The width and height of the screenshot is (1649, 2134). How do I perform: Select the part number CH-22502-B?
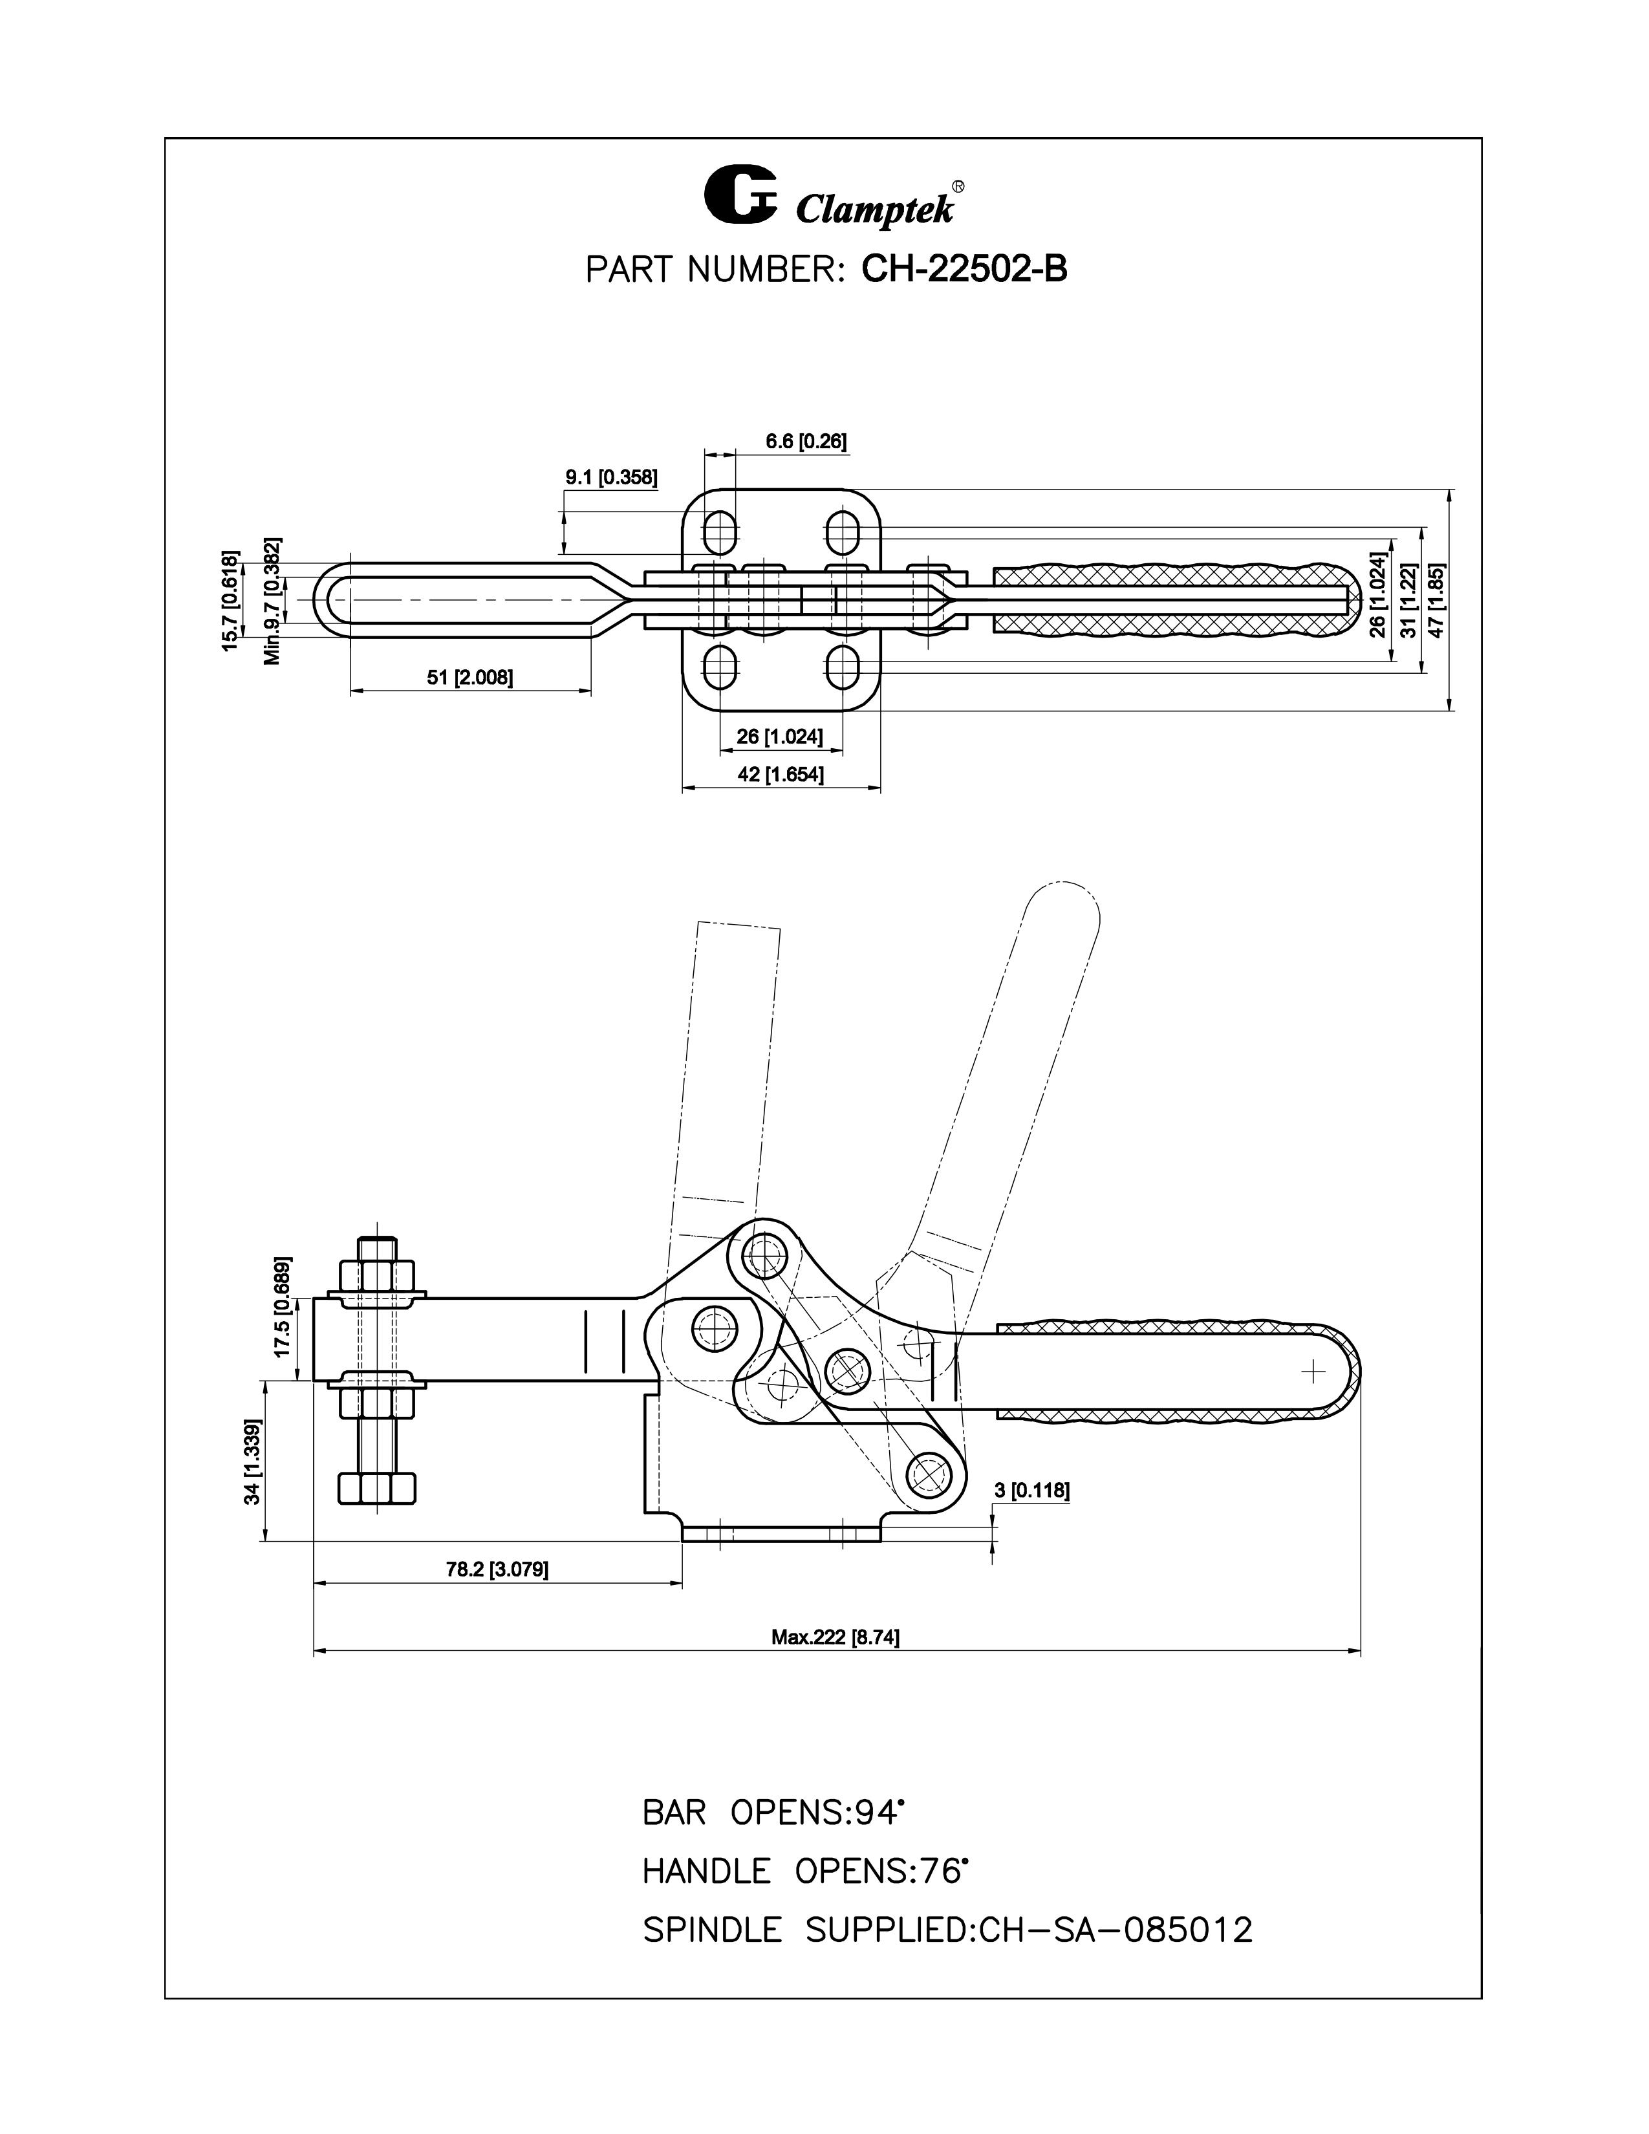point(964,270)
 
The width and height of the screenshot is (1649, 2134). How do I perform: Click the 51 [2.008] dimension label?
point(470,677)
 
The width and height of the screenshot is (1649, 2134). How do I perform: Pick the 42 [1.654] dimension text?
point(781,775)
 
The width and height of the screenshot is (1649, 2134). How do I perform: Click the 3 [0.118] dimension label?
point(1031,1490)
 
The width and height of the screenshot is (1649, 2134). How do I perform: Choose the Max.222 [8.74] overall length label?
point(835,1637)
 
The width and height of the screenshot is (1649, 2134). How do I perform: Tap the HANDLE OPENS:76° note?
point(805,1871)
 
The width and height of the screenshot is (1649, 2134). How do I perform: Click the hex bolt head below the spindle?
point(377,1487)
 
